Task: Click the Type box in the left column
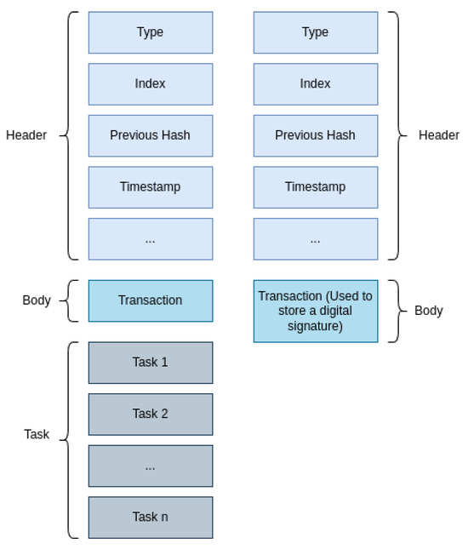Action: pyautogui.click(x=150, y=32)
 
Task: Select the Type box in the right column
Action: pyautogui.click(x=315, y=32)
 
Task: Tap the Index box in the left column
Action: pyautogui.click(x=150, y=83)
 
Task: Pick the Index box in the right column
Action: pyautogui.click(x=315, y=83)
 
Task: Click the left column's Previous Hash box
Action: pyautogui.click(x=150, y=135)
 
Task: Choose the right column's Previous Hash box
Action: pyautogui.click(x=315, y=135)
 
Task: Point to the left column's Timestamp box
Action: pyautogui.click(x=150, y=187)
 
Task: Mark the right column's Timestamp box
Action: pyautogui.click(x=315, y=187)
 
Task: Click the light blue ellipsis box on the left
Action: pyautogui.click(x=150, y=239)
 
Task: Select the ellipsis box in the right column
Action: pyautogui.click(x=315, y=239)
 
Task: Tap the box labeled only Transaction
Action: pyautogui.click(x=150, y=300)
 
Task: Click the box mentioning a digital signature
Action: pyautogui.click(x=315, y=311)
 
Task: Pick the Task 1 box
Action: pyautogui.click(x=150, y=363)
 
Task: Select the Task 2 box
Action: pyautogui.click(x=150, y=414)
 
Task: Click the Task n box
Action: pyautogui.click(x=150, y=517)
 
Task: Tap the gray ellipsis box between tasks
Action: pyautogui.click(x=150, y=466)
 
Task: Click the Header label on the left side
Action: pyautogui.click(x=26, y=135)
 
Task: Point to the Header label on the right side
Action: pyautogui.click(x=438, y=135)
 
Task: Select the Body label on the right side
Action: pyautogui.click(x=428, y=311)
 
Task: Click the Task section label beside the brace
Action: pyautogui.click(x=37, y=434)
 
